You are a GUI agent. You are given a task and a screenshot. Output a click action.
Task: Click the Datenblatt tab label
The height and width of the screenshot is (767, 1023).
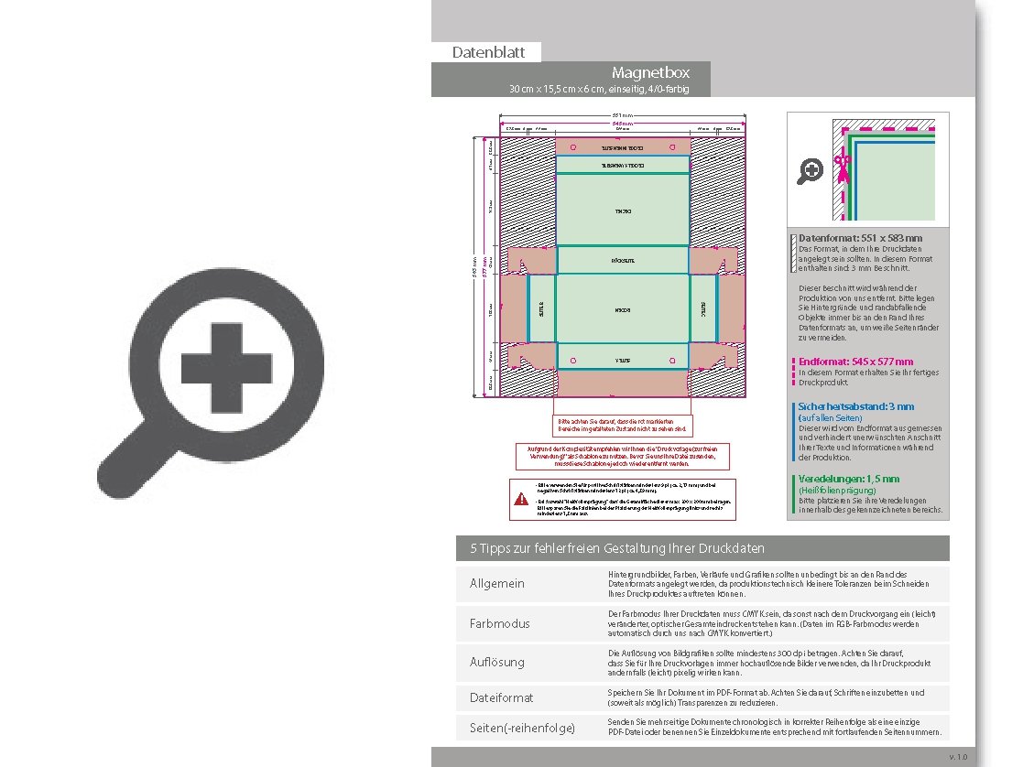(488, 52)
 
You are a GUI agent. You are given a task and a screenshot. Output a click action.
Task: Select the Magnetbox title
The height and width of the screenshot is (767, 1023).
(650, 72)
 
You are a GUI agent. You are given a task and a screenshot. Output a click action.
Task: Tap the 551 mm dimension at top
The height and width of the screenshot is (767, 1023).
(623, 115)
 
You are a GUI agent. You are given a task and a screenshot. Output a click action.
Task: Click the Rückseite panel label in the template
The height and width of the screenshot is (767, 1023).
(623, 261)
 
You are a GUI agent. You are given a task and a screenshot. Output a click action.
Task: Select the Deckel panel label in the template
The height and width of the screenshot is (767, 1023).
(623, 211)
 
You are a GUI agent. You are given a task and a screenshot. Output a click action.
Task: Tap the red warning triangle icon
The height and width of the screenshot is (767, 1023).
(521, 499)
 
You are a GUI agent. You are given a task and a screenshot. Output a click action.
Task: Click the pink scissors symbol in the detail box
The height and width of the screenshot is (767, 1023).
(843, 164)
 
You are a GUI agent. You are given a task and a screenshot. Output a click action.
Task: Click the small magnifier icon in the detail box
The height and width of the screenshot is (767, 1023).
(810, 170)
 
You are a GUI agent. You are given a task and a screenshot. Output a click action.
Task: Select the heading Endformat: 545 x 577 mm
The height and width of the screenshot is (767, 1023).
(855, 362)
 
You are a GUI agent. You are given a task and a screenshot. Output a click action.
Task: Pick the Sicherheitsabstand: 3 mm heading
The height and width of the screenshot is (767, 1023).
(856, 406)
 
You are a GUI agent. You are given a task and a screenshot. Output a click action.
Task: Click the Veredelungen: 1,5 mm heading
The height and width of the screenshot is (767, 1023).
(849, 479)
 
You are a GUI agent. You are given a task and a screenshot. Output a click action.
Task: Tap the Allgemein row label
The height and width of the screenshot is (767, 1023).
(497, 584)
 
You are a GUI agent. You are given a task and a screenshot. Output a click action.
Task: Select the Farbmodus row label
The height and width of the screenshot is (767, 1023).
(499, 623)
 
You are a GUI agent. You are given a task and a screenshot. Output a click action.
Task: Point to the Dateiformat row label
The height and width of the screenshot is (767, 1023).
(501, 697)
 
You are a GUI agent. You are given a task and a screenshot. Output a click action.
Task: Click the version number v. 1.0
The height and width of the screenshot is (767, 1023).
(957, 757)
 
